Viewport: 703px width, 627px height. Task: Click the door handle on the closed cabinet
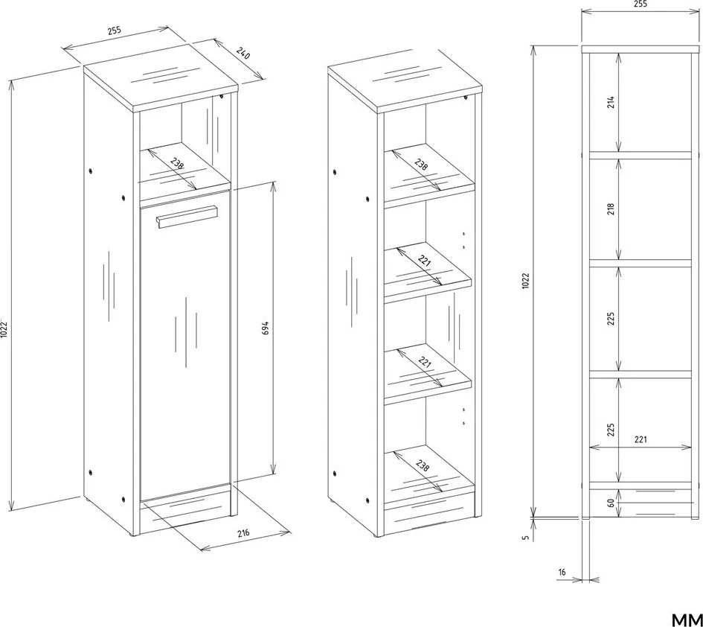(187, 217)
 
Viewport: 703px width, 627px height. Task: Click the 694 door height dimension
(265, 328)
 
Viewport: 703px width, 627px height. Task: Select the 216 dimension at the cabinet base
(243, 533)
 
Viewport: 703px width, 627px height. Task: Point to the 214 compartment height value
(610, 102)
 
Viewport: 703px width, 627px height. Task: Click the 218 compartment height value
(610, 209)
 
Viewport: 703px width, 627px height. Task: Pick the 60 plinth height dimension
(610, 503)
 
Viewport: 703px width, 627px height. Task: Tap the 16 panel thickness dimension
(562, 572)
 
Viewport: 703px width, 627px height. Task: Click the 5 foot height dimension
(527, 537)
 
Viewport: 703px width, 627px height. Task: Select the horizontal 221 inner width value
(641, 439)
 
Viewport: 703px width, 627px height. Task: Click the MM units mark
(687, 619)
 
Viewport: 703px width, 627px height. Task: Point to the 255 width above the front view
(641, 4)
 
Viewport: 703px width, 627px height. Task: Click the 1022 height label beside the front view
(526, 281)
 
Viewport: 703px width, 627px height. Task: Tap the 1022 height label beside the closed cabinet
(4, 330)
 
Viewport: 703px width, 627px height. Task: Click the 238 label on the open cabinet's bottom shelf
(423, 465)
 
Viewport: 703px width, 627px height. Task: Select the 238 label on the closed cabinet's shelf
(178, 162)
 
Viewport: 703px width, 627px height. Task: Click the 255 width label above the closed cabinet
(115, 31)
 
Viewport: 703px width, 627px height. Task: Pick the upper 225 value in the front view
(610, 319)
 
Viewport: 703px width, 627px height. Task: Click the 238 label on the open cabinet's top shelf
(420, 165)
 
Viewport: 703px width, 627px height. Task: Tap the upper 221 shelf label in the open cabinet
(424, 261)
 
